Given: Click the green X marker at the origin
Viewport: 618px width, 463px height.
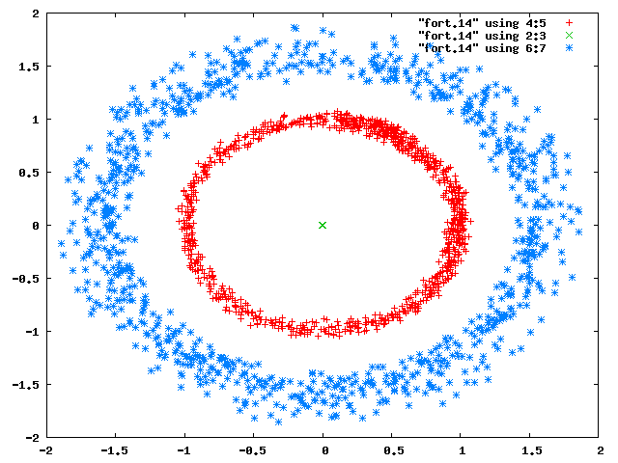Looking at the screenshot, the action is pyautogui.click(x=323, y=225).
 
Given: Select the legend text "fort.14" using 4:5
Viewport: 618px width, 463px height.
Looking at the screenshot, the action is pyautogui.click(x=482, y=23).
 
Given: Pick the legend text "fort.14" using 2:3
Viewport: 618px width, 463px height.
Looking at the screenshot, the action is pyautogui.click(x=482, y=36).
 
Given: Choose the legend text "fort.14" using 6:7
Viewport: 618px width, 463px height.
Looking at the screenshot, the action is pyautogui.click(x=482, y=48).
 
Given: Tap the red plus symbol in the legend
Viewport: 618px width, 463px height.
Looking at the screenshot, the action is pyautogui.click(x=569, y=23).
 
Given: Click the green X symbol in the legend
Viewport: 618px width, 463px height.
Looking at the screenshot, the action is pyautogui.click(x=569, y=36).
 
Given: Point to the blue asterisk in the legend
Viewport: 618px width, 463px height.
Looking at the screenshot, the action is pyautogui.click(x=569, y=48).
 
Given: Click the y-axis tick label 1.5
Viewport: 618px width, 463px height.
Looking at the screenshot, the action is pyautogui.click(x=29, y=67).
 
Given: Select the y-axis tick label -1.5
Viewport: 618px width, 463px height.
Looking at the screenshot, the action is pyautogui.click(x=26, y=385).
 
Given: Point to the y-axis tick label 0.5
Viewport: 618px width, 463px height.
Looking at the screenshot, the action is pyautogui.click(x=29, y=173).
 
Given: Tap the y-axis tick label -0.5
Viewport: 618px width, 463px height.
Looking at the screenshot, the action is pyautogui.click(x=26, y=279).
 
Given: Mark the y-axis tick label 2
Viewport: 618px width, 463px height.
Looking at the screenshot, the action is pyautogui.click(x=36, y=14).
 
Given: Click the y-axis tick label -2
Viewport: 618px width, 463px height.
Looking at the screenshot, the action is pyautogui.click(x=33, y=438).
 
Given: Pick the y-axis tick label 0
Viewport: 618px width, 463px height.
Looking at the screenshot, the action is pyautogui.click(x=36, y=226).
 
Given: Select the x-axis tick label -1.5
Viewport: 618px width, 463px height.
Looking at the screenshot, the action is pyautogui.click(x=114, y=450).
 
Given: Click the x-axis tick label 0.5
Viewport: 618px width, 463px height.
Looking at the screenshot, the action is pyautogui.click(x=393, y=450).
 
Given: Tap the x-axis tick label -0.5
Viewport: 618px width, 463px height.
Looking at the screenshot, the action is pyautogui.click(x=252, y=450).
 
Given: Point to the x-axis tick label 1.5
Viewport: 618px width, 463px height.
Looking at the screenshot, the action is pyautogui.click(x=531, y=450).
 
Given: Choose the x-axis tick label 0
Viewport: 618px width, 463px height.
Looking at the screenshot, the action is pyautogui.click(x=324, y=450).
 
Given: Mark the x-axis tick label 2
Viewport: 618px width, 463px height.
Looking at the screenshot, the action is pyautogui.click(x=601, y=450).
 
